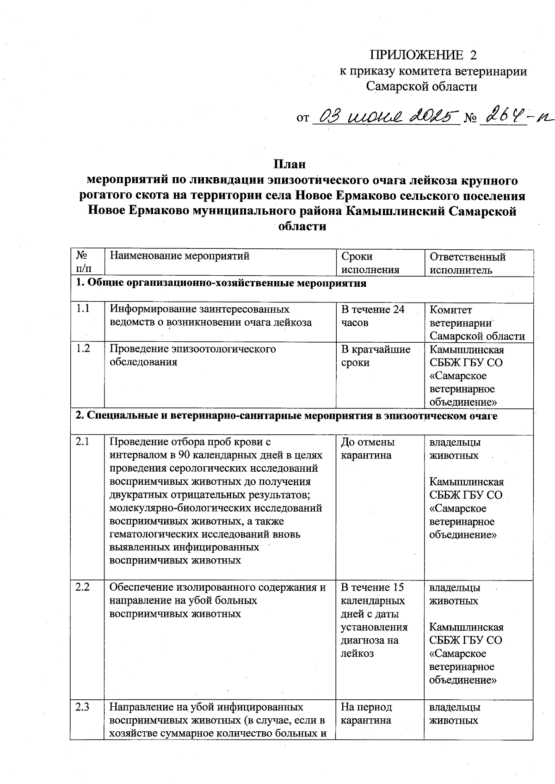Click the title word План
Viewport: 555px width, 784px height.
290,164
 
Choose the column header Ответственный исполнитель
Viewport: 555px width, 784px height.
467,263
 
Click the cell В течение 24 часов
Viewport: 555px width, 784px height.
372,316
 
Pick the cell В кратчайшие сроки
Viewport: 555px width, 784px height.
375,356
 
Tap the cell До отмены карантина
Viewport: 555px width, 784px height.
368,449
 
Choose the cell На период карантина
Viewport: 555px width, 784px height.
366,714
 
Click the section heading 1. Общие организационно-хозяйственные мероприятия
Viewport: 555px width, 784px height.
221,283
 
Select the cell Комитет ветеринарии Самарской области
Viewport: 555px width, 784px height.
477,323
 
